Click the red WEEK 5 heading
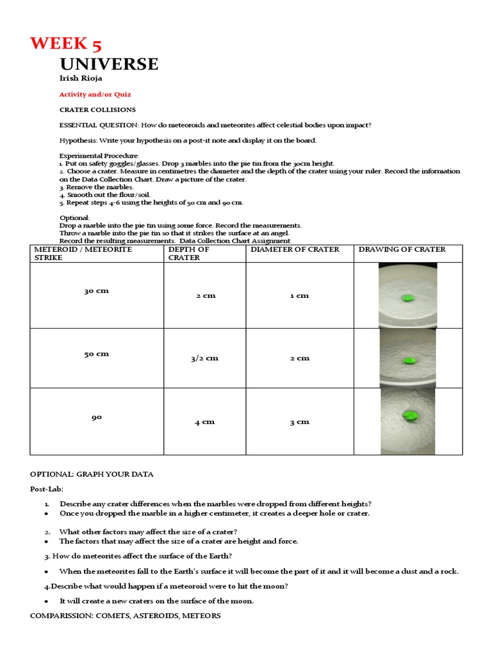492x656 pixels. coord(66,44)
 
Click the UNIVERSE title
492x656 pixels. coord(109,64)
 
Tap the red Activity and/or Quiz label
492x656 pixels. coord(95,94)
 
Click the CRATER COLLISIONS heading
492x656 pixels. coord(97,110)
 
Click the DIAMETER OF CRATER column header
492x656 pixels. coord(295,249)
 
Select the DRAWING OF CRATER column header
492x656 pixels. coord(402,249)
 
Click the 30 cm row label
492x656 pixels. coord(97,290)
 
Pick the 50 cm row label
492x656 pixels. coord(97,354)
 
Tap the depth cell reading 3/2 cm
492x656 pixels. coord(204,358)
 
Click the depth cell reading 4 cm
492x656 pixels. coord(204,422)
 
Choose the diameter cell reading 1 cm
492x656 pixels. coord(299,295)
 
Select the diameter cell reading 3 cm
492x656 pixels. coord(299,422)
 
